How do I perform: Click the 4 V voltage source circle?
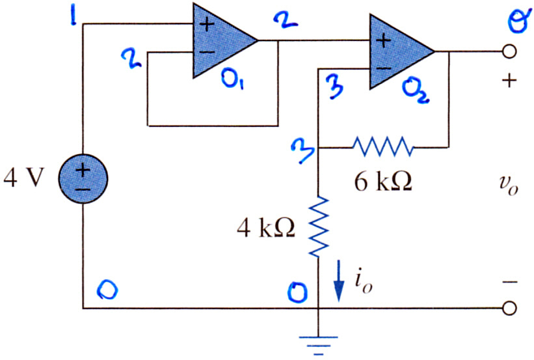[x=83, y=178]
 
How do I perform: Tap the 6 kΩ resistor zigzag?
[x=383, y=146]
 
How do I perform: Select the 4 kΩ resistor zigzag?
[x=319, y=227]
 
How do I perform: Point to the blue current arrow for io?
[x=338, y=281]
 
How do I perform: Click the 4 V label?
[x=24, y=178]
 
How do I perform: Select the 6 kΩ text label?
[x=383, y=181]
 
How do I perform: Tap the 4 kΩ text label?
[x=266, y=227]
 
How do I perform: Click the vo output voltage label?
[x=509, y=186]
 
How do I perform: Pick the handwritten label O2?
[x=416, y=90]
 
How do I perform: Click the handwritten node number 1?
[x=73, y=16]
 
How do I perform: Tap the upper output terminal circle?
[x=509, y=52]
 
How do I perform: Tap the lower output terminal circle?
[x=509, y=308]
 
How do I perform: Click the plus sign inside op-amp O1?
[x=207, y=25]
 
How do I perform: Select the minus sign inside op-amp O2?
[x=384, y=68]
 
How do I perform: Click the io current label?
[x=363, y=283]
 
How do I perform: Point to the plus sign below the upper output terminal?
[x=509, y=81]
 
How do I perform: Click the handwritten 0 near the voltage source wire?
[x=107, y=290]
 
